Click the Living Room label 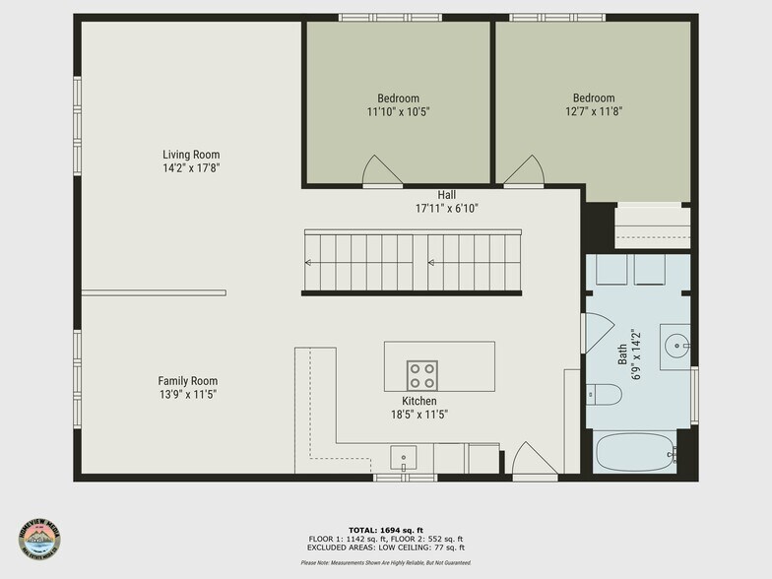(x=191, y=155)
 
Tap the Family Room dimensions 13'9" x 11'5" (x=187, y=394)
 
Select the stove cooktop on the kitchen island (x=422, y=374)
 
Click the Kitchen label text (x=418, y=401)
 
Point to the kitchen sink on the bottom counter (x=403, y=458)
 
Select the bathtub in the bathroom (x=636, y=454)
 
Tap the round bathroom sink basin (x=675, y=346)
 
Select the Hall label (x=446, y=195)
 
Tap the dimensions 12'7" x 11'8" (x=594, y=111)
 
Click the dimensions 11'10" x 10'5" (x=398, y=111)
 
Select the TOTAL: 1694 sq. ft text (x=385, y=530)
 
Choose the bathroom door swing (x=596, y=333)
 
